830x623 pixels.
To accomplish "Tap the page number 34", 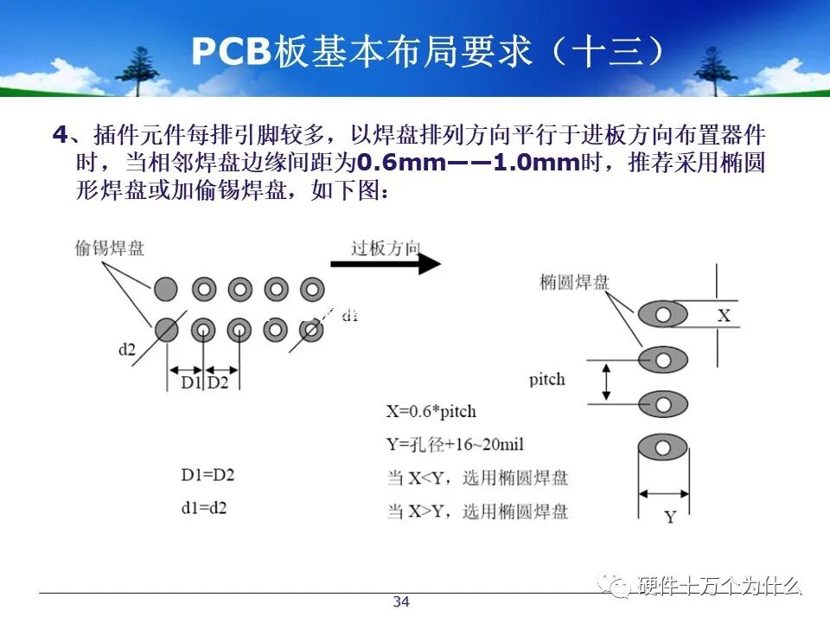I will click(x=401, y=602).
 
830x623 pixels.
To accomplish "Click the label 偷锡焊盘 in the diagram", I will click(x=110, y=249).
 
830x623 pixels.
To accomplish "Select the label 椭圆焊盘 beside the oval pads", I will click(x=574, y=282).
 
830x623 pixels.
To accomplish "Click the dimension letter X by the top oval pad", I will click(x=724, y=315).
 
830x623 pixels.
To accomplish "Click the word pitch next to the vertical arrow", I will click(x=546, y=379).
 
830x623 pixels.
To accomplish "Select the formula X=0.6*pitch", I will click(x=431, y=411).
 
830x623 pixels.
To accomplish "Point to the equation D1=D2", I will click(x=207, y=474).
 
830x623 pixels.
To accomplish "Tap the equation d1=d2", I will click(x=204, y=508).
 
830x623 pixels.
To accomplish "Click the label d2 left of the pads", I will click(x=127, y=350).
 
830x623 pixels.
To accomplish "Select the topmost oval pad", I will click(x=663, y=314).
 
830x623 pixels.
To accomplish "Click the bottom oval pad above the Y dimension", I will click(x=663, y=448).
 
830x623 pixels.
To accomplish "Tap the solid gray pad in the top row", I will click(x=166, y=288).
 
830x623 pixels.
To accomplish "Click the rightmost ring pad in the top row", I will click(x=311, y=288).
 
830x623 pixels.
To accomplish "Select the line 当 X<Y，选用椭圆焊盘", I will click(x=477, y=478).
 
